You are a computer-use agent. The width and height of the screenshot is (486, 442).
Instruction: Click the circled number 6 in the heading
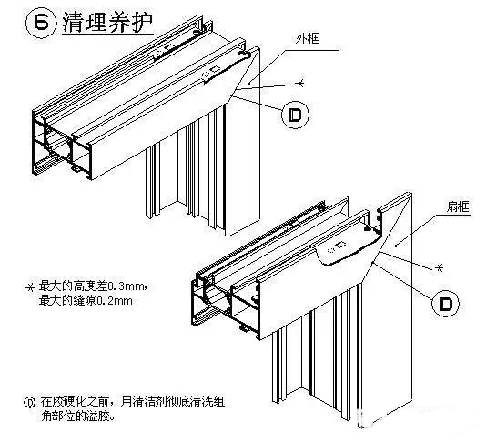pos(19,24)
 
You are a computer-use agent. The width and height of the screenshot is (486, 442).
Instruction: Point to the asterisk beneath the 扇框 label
pos(441,267)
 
